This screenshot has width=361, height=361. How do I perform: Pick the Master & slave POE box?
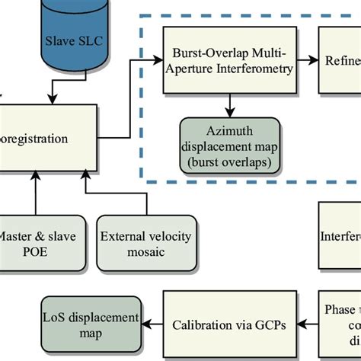[x=36, y=242]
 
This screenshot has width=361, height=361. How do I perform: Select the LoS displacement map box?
[x=90, y=323]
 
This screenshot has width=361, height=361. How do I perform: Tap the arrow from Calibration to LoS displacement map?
[x=155, y=324]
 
